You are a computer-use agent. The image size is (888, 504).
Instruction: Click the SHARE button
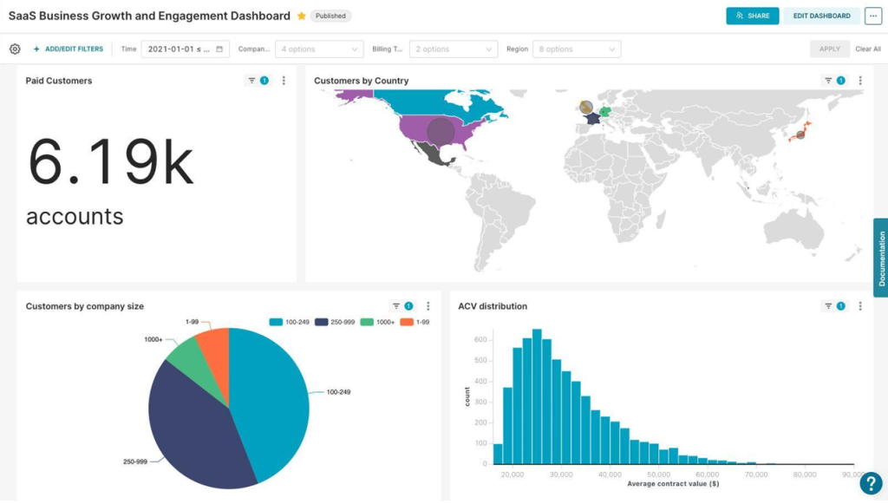coord(752,16)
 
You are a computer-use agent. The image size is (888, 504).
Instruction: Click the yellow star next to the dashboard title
coord(302,16)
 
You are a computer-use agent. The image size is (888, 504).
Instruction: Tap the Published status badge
coord(330,16)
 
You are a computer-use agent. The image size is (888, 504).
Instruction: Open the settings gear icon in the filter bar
coord(15,49)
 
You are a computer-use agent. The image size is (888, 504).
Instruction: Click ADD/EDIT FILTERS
coord(69,49)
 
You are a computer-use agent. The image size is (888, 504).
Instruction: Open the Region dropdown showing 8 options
coord(577,49)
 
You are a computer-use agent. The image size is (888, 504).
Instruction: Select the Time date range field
coord(186,49)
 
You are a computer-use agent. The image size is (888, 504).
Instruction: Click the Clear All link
coord(867,49)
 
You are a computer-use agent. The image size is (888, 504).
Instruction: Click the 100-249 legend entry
coord(290,322)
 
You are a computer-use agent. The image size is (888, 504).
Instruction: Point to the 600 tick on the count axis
coord(480,340)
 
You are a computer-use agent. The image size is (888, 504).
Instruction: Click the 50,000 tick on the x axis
coord(658,475)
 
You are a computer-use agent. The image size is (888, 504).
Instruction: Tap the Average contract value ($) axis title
coord(673,483)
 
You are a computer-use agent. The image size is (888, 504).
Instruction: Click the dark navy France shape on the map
coord(593,119)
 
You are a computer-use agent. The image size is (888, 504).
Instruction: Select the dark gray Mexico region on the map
coord(433,154)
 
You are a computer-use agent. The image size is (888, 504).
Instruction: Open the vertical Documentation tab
coord(881,258)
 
